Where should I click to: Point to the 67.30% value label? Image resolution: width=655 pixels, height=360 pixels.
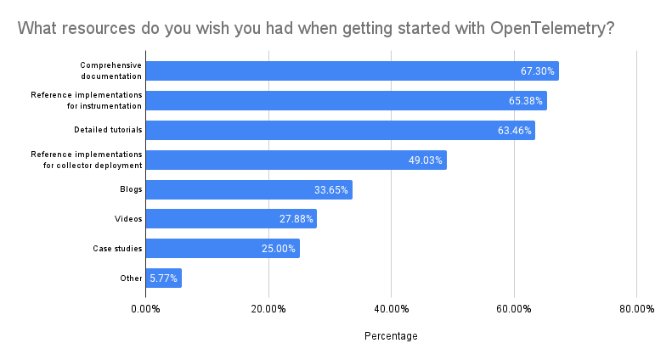(538, 71)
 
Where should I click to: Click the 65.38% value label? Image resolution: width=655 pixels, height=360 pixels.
(526, 101)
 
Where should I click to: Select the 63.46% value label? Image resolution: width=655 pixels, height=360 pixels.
(514, 131)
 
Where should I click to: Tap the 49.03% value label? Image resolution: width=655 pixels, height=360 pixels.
(426, 160)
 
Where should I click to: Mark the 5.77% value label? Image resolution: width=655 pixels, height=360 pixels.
(163, 278)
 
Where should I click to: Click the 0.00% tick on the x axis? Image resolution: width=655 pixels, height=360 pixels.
(145, 308)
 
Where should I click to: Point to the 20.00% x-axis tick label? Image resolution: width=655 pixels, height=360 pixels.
(268, 308)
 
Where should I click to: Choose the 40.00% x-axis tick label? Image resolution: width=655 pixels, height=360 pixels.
(391, 308)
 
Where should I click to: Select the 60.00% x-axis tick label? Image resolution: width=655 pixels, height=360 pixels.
(514, 308)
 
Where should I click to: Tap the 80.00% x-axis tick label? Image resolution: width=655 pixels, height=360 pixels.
(636, 308)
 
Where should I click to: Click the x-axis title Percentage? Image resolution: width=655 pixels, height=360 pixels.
(391, 336)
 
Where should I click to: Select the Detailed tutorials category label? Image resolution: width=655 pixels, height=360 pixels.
(108, 131)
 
